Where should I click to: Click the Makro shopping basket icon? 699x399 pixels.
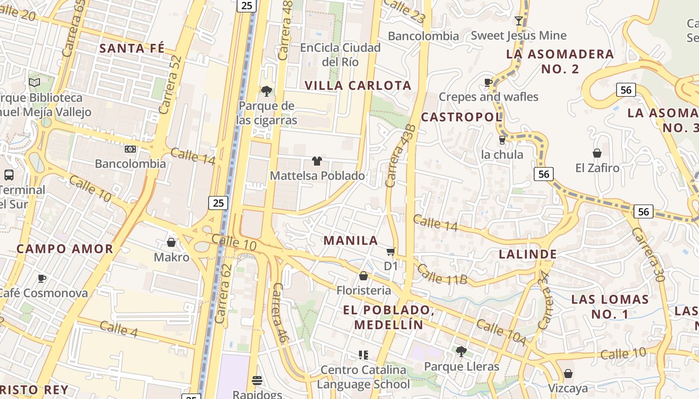coord(171,242)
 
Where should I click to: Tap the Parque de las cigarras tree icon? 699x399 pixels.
coord(267,91)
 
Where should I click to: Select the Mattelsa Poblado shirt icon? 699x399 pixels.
coord(317,161)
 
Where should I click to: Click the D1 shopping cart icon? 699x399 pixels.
coord(391,251)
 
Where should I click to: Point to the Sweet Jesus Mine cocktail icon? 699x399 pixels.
coord(519,20)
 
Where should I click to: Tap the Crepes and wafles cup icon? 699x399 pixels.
coord(488,82)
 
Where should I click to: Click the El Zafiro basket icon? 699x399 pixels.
coord(597,153)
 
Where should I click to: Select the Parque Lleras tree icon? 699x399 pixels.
coord(461,352)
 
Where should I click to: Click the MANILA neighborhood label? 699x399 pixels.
coord(350,240)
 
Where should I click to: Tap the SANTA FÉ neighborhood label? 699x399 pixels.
coord(132,48)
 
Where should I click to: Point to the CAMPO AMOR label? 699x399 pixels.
coord(65,249)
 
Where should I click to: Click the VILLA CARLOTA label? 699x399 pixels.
coord(358,85)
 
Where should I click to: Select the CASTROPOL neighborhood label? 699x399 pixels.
coord(461,117)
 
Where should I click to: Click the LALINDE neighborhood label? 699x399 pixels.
coord(528,254)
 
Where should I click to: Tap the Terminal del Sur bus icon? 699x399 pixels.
coord(9,175)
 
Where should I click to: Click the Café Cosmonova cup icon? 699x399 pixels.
coord(42,278)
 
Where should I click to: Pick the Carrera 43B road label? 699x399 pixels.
coord(401,156)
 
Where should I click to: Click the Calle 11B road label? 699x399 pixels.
coord(442,275)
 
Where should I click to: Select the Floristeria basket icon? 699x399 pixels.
coord(363,276)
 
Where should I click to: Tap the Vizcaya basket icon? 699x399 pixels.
coord(568,374)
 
